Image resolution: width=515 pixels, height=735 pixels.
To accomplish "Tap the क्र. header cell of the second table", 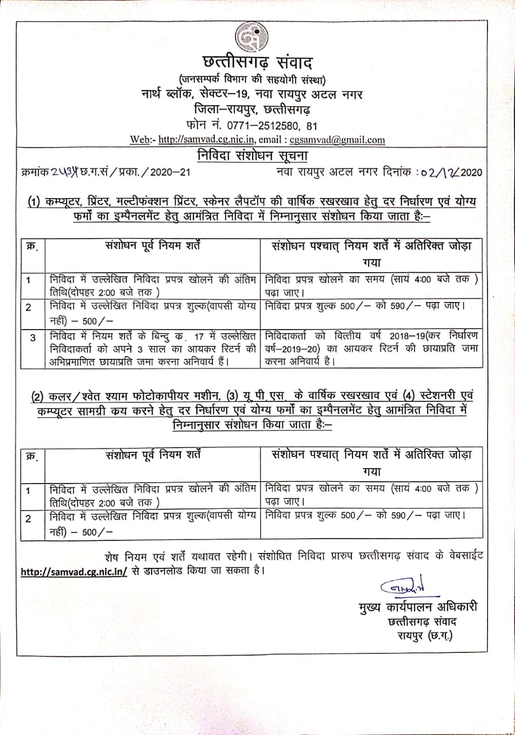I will [32, 457].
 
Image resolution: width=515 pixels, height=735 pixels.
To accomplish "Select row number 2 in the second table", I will [28, 519].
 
